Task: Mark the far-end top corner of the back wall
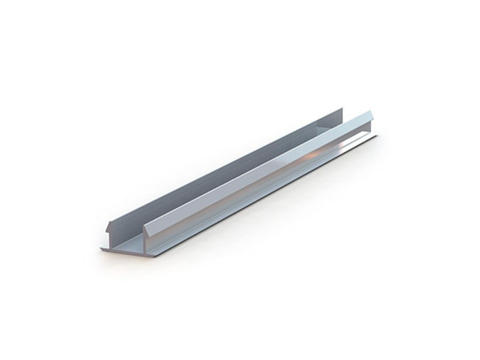[x=342, y=109]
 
